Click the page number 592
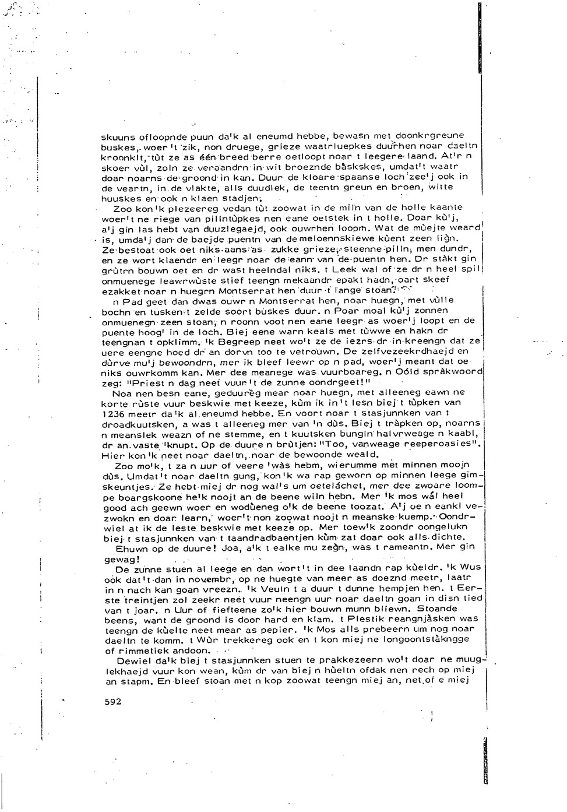click(x=112, y=702)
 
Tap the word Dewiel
click(x=133, y=661)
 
